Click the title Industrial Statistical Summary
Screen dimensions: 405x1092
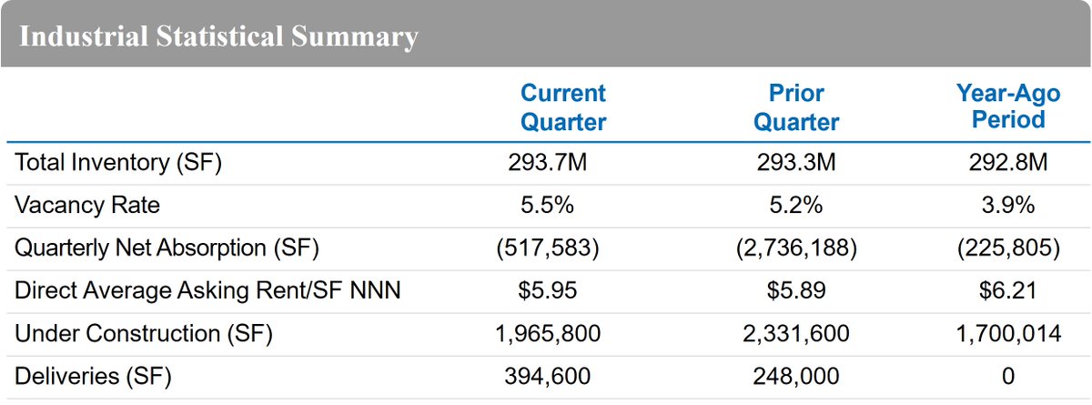(218, 37)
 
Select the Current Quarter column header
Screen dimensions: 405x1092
(562, 106)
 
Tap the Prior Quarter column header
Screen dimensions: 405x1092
(796, 106)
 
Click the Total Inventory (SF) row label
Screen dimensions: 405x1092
(118, 163)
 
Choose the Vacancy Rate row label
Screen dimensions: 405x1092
(87, 206)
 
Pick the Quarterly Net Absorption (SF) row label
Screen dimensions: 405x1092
(167, 248)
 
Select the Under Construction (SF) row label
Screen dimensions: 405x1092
(144, 334)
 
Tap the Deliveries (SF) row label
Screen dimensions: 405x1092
(93, 376)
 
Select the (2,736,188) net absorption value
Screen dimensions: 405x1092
(796, 248)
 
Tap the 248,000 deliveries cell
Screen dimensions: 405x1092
(796, 376)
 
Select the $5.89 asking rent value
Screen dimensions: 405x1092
(796, 291)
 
